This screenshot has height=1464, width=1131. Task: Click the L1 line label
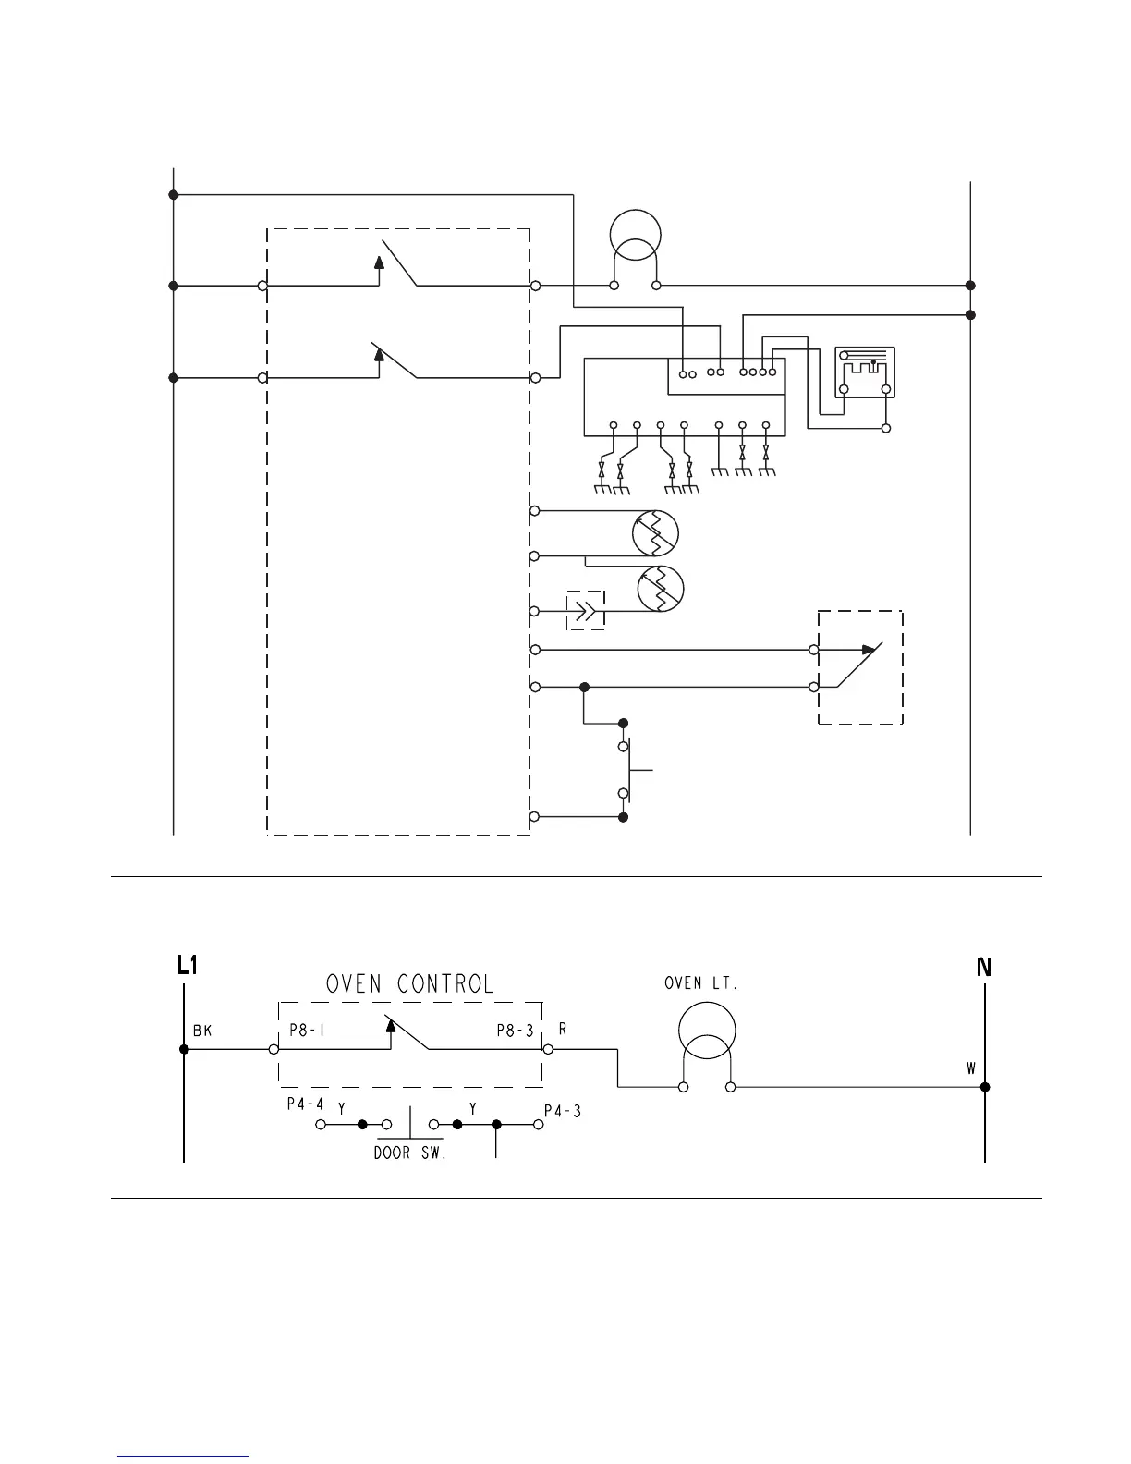[x=188, y=967]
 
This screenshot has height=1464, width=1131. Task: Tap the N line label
[x=984, y=968]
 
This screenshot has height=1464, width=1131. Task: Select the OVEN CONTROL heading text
[x=410, y=983]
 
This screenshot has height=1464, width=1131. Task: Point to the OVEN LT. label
[x=701, y=983]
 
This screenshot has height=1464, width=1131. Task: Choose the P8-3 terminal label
[x=516, y=1031]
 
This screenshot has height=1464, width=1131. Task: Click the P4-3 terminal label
[x=563, y=1112]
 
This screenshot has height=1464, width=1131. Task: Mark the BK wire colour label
[x=202, y=1031]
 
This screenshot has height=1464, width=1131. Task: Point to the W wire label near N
[x=971, y=1068]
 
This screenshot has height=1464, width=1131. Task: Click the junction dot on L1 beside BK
[x=185, y=1049]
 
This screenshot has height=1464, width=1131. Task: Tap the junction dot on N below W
[x=985, y=1087]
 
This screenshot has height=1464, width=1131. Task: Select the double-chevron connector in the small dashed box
[x=586, y=610]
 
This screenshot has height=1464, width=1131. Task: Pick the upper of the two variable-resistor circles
[x=655, y=533]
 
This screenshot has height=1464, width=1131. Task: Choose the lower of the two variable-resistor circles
[x=662, y=589]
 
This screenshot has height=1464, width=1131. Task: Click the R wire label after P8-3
[x=563, y=1029]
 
